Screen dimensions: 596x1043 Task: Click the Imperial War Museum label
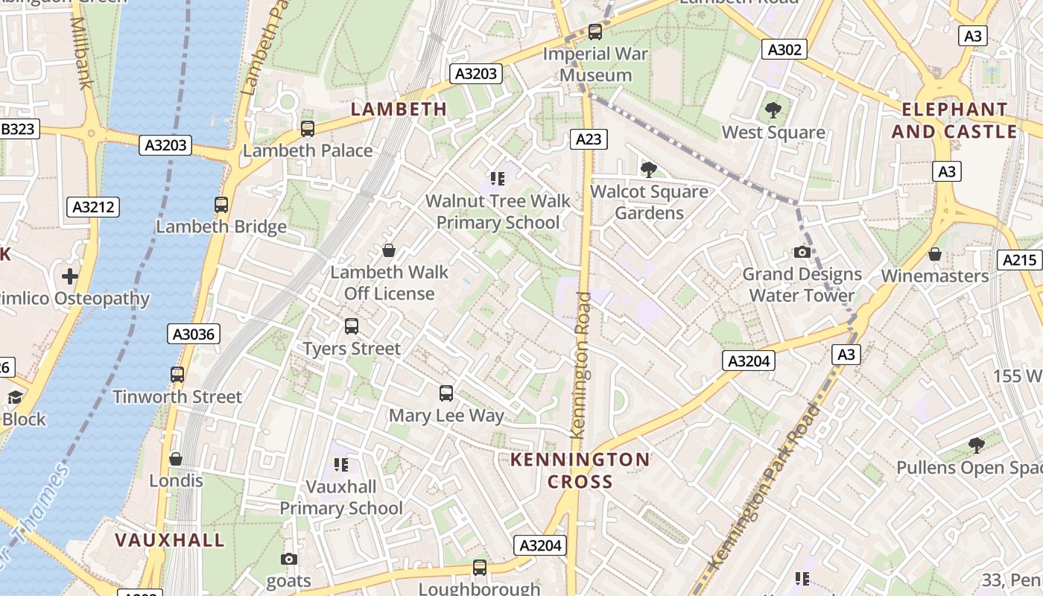tap(595, 64)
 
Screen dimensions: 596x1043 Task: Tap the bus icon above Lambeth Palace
tap(308, 129)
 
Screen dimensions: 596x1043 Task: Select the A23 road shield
tap(589, 139)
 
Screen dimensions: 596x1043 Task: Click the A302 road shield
tap(785, 49)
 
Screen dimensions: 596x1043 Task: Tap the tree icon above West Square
tap(773, 111)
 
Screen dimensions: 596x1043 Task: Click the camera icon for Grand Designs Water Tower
tap(802, 252)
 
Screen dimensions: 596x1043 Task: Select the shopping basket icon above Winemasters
tap(935, 254)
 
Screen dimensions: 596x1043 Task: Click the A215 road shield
tap(1019, 260)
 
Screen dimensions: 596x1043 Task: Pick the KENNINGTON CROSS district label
tap(580, 470)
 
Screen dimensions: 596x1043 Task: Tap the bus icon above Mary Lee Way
tap(446, 393)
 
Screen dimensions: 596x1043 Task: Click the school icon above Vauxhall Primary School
tap(341, 466)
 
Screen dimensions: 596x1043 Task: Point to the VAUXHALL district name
tap(170, 540)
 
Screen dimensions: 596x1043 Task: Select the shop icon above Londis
tap(176, 459)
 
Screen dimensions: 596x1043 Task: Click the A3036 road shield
tap(194, 335)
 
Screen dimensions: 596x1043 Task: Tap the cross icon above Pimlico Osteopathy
tap(70, 277)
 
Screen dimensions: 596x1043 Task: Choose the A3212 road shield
tap(93, 207)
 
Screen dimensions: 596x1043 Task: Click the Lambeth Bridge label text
tap(221, 226)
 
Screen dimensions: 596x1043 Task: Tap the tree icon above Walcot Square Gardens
tap(649, 170)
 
